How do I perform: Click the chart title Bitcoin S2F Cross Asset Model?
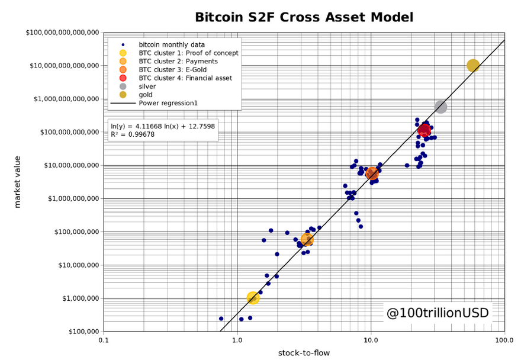(304, 17)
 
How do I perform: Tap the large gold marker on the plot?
(472, 65)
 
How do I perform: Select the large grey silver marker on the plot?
(440, 107)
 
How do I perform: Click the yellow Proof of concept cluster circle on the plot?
(253, 297)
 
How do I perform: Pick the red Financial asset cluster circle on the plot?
(424, 130)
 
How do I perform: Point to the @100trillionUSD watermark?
(438, 313)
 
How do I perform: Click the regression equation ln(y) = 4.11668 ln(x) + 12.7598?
(163, 126)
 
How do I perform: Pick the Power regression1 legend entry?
(168, 103)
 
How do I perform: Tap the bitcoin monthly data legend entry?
(172, 44)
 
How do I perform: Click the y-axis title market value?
(18, 182)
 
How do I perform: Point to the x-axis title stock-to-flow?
(304, 353)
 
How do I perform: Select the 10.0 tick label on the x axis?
(371, 342)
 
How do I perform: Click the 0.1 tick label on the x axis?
(104, 342)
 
